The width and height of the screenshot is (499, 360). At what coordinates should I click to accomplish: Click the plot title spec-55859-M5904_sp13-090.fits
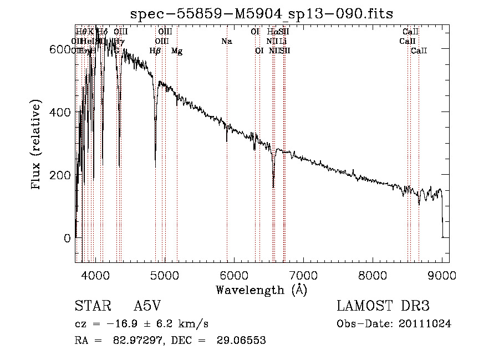click(262, 13)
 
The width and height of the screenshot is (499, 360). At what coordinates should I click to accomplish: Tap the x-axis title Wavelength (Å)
click(261, 290)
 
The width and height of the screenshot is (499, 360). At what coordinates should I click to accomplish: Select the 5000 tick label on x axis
click(165, 275)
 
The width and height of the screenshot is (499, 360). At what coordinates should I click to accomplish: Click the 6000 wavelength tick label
click(234, 275)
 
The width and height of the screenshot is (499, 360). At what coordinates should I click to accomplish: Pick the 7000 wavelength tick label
click(303, 275)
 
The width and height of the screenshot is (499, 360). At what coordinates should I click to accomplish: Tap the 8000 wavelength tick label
click(373, 275)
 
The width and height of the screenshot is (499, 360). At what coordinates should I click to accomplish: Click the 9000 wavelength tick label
click(442, 275)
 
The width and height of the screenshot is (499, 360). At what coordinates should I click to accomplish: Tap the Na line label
click(226, 42)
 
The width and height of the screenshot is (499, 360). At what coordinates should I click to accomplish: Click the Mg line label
click(177, 51)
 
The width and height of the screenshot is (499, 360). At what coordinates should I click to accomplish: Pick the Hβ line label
click(155, 51)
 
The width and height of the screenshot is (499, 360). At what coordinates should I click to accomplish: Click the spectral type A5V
click(148, 307)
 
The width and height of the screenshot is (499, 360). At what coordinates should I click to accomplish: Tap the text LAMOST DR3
click(383, 307)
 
